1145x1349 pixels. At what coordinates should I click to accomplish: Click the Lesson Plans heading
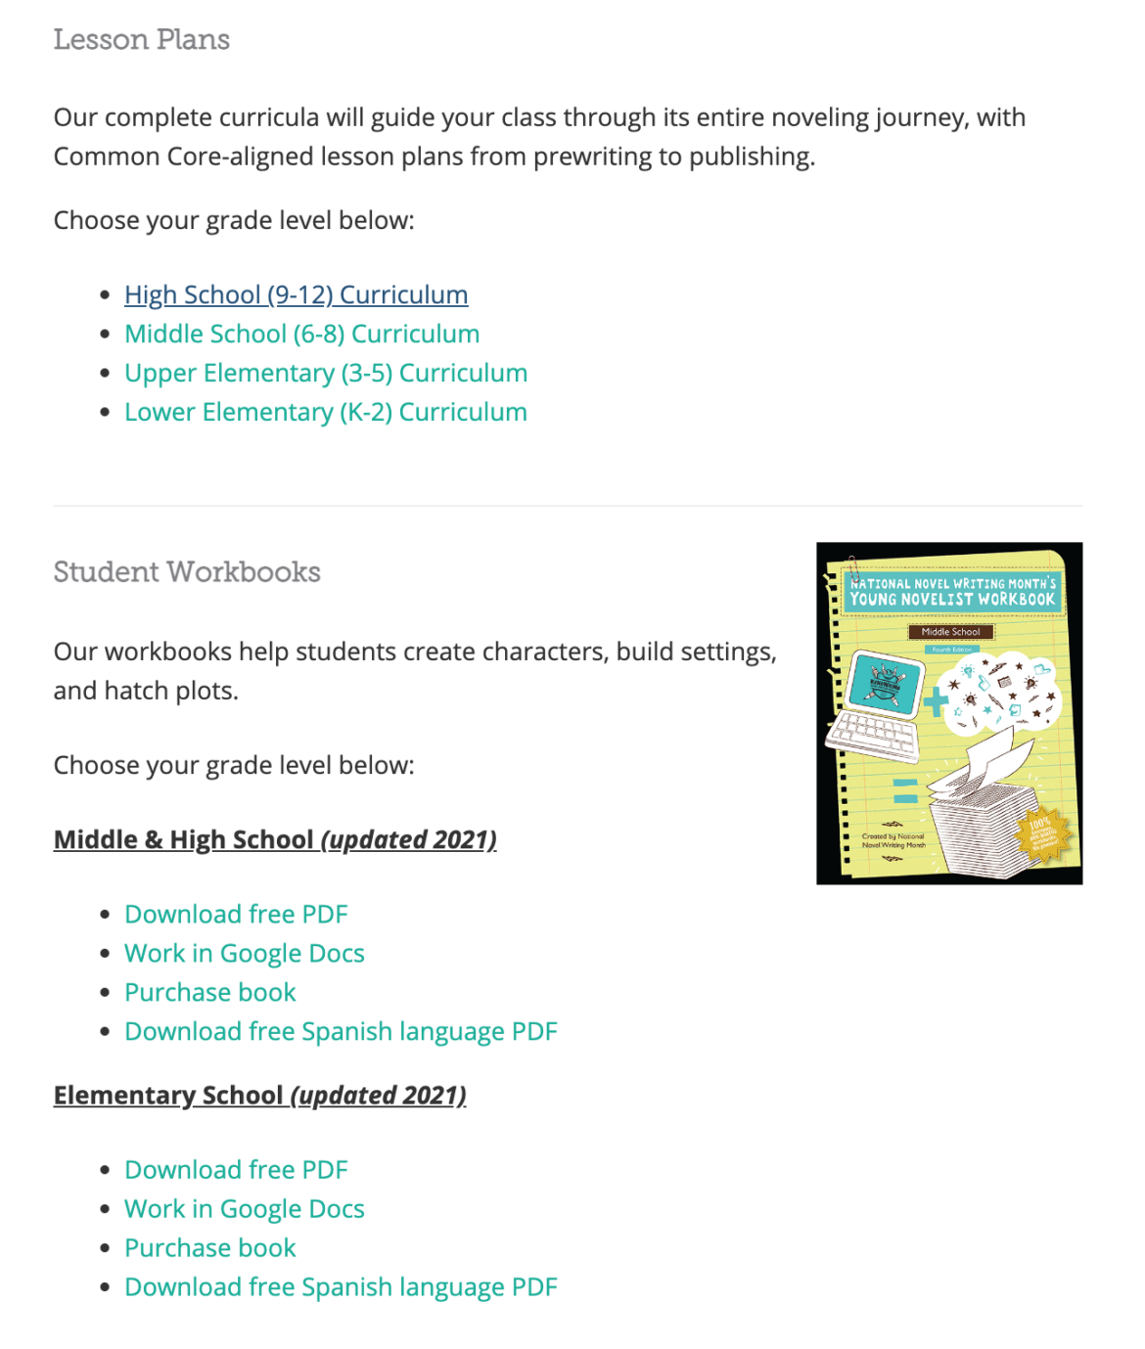(141, 40)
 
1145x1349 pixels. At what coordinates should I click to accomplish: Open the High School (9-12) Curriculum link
(296, 294)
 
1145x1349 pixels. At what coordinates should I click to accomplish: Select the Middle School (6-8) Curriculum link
(301, 334)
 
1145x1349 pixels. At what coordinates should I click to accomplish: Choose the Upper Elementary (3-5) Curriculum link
(325, 373)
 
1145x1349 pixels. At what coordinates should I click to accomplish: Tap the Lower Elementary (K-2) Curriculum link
(325, 412)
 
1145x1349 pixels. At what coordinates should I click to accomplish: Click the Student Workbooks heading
(187, 572)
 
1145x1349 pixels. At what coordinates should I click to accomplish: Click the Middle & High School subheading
(184, 839)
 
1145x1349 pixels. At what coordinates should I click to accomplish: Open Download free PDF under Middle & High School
(236, 914)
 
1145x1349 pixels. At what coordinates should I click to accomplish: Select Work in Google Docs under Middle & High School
(244, 953)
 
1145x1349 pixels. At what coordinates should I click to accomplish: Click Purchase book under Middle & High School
(209, 992)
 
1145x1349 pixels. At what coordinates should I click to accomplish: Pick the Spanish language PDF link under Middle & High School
(341, 1031)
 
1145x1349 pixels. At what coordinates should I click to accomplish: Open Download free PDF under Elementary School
(236, 1169)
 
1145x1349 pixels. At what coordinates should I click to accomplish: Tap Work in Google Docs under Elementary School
(244, 1208)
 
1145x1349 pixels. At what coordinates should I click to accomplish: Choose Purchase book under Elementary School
(209, 1247)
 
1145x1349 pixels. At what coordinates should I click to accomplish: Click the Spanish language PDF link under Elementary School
(341, 1286)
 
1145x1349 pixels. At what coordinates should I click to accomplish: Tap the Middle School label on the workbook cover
(950, 632)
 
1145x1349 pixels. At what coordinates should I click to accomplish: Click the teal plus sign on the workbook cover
(936, 701)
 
